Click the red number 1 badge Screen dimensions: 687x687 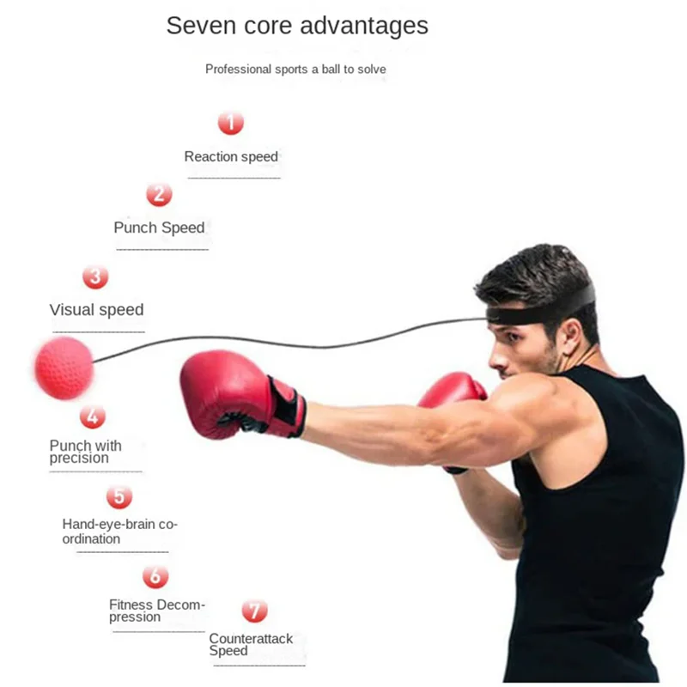(x=230, y=123)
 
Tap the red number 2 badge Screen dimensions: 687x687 (x=159, y=194)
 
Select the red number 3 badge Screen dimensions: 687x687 (x=95, y=277)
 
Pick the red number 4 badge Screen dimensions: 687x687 (x=93, y=416)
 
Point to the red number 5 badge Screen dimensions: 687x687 (x=119, y=496)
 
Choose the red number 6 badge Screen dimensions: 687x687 (x=155, y=576)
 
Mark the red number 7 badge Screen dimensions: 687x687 (x=254, y=611)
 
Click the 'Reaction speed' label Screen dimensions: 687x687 (x=231, y=156)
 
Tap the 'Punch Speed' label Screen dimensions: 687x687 (x=159, y=228)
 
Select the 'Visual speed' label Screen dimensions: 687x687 (x=96, y=310)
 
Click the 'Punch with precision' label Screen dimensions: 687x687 (x=86, y=452)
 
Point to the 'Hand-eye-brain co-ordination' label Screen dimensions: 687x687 (x=119, y=531)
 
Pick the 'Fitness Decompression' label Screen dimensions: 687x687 (x=157, y=611)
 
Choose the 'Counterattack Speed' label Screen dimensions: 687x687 (x=251, y=644)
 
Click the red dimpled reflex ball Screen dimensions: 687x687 (x=63, y=368)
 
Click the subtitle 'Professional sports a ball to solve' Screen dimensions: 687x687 (x=295, y=69)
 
